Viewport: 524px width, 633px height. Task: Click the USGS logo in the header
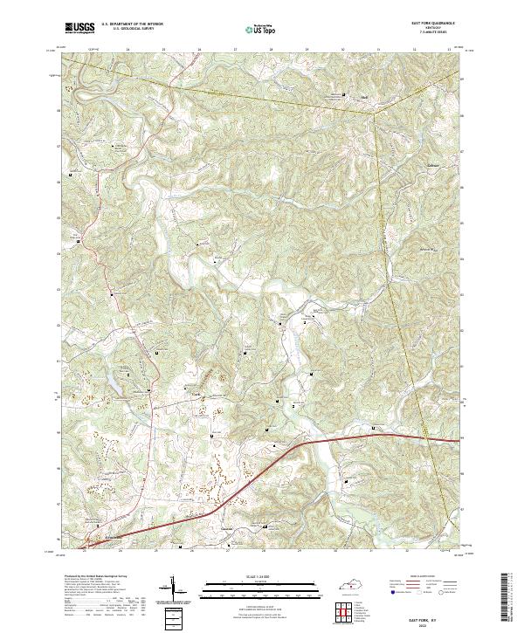point(79,27)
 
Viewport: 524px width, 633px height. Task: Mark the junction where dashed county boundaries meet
point(376,112)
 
